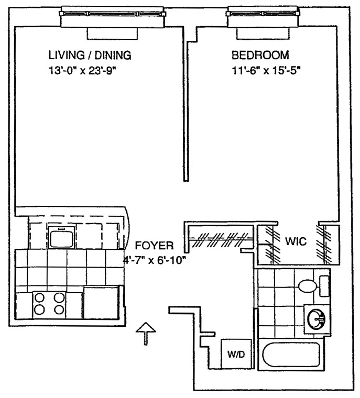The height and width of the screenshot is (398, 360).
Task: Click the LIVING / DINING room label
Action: [90, 55]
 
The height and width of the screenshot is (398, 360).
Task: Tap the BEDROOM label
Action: [260, 55]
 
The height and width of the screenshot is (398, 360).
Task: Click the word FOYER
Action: [155, 246]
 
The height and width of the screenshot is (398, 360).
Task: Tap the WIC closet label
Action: [296, 241]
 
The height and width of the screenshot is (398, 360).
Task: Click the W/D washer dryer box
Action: [236, 354]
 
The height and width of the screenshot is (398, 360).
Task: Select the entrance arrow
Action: [146, 334]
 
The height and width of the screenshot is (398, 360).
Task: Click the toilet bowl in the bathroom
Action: [308, 286]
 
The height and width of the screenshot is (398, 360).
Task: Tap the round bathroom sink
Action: [317, 318]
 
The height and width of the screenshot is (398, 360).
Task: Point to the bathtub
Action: [291, 355]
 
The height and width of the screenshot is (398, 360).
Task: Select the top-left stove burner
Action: [39, 297]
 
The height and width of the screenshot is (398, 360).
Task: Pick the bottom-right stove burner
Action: [59, 309]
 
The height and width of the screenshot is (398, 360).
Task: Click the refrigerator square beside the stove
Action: [101, 302]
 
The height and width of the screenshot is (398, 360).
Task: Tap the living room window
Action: [112, 20]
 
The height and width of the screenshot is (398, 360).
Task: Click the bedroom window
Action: [263, 20]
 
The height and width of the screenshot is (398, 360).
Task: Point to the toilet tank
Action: [324, 286]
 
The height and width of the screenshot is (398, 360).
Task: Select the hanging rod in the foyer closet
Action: [221, 239]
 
